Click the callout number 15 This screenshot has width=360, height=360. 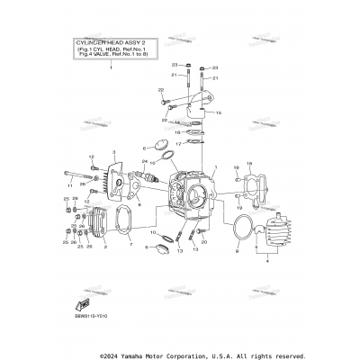tap(216, 113)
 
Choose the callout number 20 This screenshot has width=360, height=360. tap(204, 244)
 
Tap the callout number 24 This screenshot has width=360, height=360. tap(144, 162)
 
